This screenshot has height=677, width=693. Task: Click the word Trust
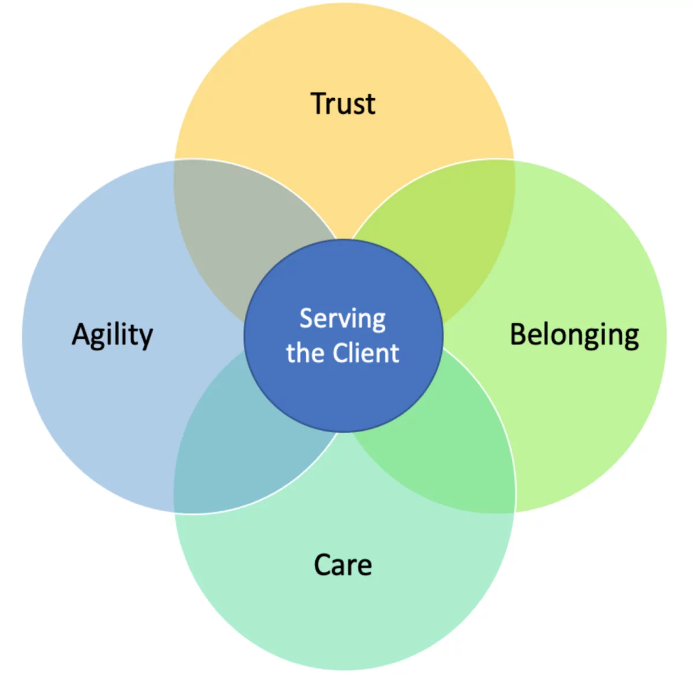342,103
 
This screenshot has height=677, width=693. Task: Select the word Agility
112,335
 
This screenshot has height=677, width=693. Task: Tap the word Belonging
575,335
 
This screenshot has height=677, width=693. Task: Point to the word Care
342,565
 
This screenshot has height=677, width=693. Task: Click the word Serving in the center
342,319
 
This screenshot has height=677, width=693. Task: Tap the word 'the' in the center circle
307,353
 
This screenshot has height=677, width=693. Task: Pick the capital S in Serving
306,318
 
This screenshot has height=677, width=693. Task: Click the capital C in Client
340,353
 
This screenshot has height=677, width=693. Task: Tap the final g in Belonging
632,339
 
